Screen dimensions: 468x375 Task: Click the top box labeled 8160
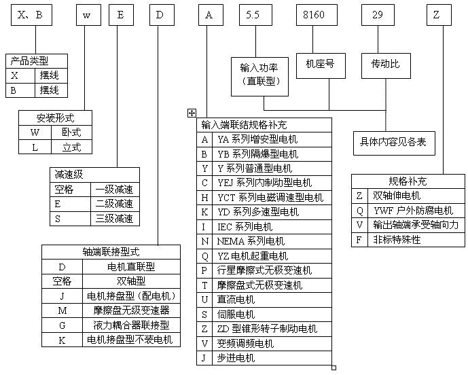click(317, 15)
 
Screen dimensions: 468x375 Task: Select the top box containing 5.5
click(255, 15)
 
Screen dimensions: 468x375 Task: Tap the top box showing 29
click(378, 15)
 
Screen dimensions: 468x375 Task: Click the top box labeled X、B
click(32, 15)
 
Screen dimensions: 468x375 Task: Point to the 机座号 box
click(321, 66)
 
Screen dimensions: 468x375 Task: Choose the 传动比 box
click(386, 66)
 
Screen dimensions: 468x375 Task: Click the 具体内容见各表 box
click(394, 143)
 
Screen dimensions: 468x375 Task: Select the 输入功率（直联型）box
click(259, 77)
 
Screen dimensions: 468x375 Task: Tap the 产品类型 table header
click(37, 61)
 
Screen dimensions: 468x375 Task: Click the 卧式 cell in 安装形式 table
click(71, 132)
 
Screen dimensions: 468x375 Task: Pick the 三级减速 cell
click(115, 219)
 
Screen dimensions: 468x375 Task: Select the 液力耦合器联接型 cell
click(131, 325)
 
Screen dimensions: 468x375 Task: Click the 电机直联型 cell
click(131, 266)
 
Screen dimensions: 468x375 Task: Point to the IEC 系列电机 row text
click(245, 227)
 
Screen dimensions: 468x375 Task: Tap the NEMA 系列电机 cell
click(272, 241)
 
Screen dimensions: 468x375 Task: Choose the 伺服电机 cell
click(272, 315)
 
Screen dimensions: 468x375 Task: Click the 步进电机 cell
click(272, 358)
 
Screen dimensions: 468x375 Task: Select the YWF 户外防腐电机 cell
click(416, 211)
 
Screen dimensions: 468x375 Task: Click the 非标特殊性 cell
click(416, 240)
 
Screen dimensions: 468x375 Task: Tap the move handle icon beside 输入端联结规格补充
click(192, 113)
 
